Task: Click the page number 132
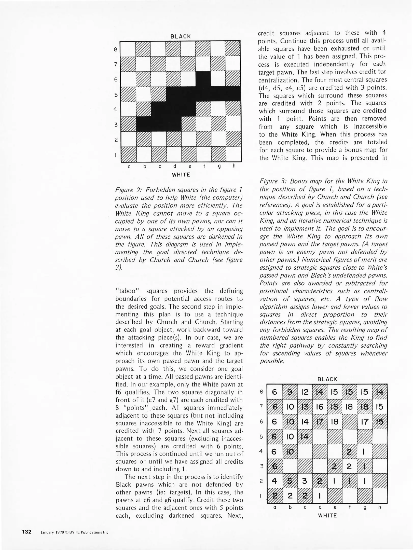[x=26, y=532]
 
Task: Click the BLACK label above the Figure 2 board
[x=181, y=36]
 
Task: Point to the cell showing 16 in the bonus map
[x=320, y=407]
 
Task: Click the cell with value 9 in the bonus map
[x=290, y=392]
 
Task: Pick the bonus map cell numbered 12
[x=305, y=392]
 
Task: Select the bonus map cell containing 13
[x=305, y=407]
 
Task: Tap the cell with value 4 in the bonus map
[x=274, y=481]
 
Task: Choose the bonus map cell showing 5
[x=290, y=481]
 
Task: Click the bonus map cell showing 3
[x=305, y=481]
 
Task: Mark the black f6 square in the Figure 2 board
[x=203, y=79]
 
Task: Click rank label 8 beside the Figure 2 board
[x=116, y=49]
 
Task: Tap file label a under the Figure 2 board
[x=129, y=167]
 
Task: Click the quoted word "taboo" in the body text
[x=127, y=291]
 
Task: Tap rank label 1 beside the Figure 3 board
[x=261, y=496]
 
